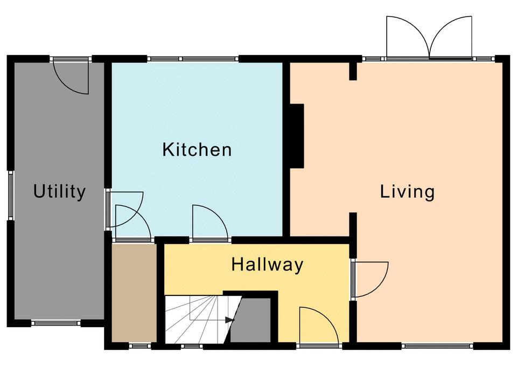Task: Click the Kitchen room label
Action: click(197, 149)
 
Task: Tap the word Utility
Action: click(59, 191)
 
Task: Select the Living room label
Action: click(407, 192)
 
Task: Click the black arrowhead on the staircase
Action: click(230, 320)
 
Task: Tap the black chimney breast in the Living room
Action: click(297, 136)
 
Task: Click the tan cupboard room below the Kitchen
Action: click(134, 293)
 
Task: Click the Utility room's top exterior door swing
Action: click(71, 77)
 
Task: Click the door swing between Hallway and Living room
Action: click(371, 279)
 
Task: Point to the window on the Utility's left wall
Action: click(11, 195)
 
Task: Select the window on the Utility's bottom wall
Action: click(56, 323)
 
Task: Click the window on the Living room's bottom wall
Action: click(437, 346)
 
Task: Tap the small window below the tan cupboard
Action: click(139, 346)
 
